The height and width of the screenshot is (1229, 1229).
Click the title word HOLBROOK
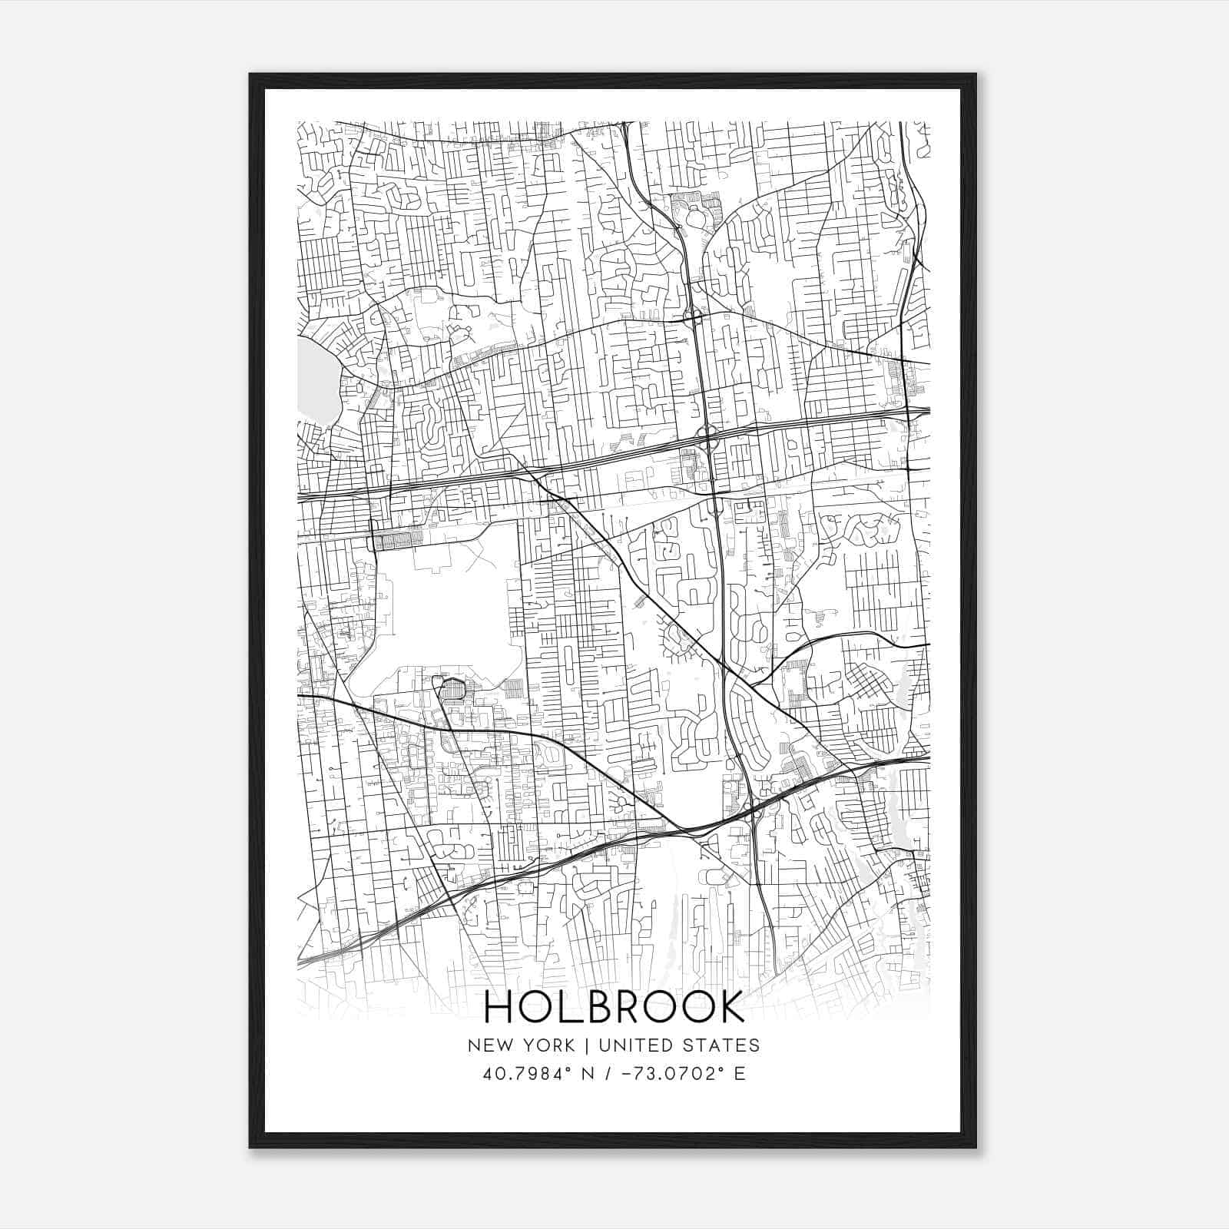(x=614, y=1007)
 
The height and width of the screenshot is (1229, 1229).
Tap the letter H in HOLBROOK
(x=501, y=1007)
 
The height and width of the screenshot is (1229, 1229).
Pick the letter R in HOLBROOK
(x=628, y=1007)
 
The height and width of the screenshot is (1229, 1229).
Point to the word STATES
(x=723, y=1045)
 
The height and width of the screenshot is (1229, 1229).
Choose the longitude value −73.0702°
(x=671, y=1074)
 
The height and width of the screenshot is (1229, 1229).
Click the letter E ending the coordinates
(x=740, y=1074)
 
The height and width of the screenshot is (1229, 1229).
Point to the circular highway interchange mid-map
(x=707, y=435)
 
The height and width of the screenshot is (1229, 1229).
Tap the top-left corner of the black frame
(x=251, y=75)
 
